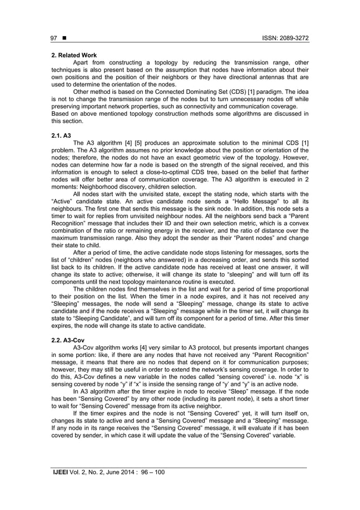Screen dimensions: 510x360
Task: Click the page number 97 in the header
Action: coord(54,38)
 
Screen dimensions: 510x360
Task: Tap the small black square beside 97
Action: coord(65,38)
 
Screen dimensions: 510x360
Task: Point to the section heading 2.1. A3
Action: coord(61,136)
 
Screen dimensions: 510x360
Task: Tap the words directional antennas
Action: coord(256,76)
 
